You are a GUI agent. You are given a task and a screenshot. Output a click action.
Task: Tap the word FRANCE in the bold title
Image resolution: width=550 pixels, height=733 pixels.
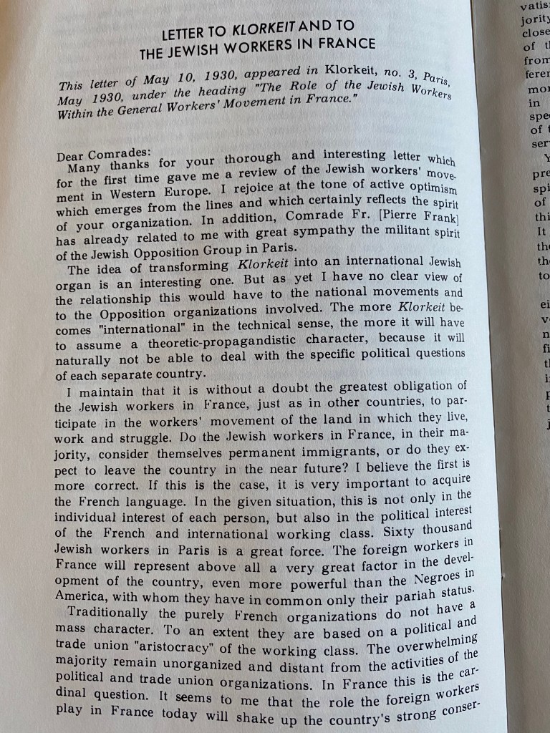pyautogui.click(x=344, y=43)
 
